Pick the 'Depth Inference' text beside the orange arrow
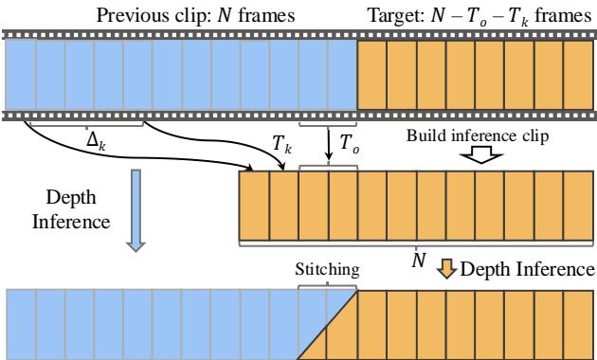[x=527, y=270]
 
